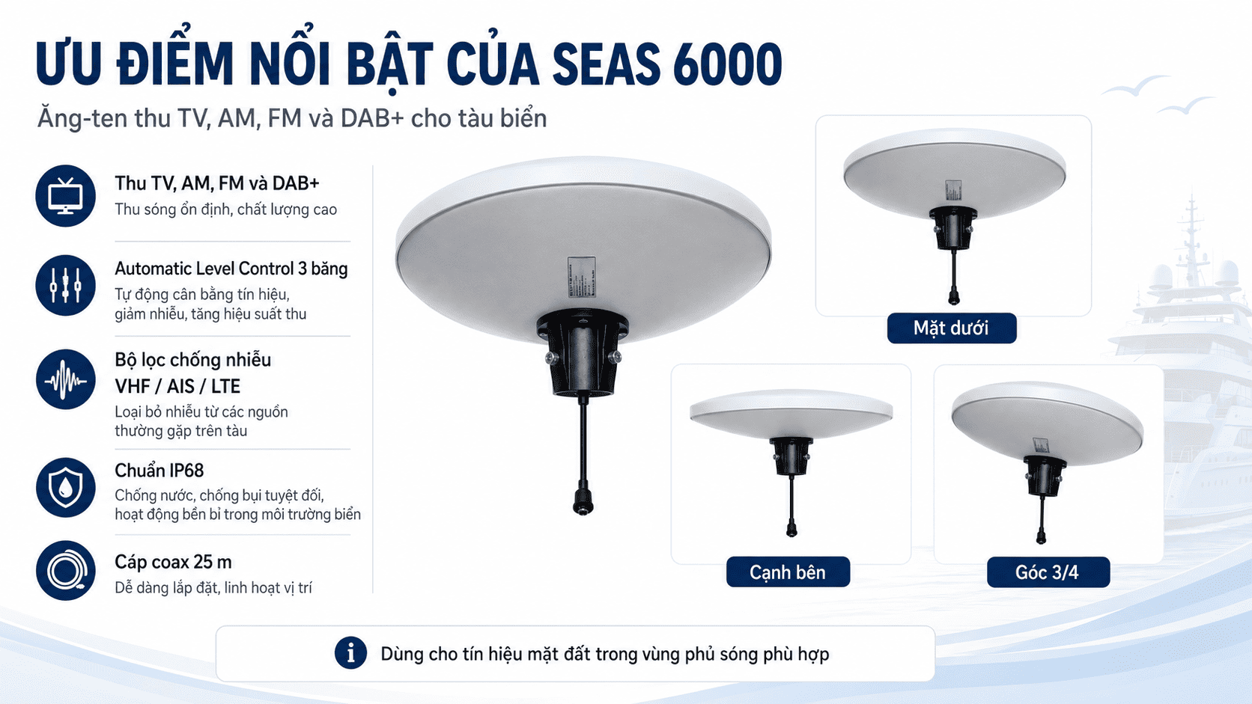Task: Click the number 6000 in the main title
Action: pyautogui.click(x=727, y=64)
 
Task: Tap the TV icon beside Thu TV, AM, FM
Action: pyautogui.click(x=65, y=196)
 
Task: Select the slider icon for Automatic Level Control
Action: pyautogui.click(x=65, y=285)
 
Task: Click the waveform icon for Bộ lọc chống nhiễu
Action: pyautogui.click(x=65, y=379)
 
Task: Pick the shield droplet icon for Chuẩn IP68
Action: pyautogui.click(x=65, y=487)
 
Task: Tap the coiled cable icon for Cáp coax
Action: pyautogui.click(x=65, y=571)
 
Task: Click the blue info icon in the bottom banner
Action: pyautogui.click(x=350, y=652)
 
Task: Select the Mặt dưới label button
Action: pyautogui.click(x=951, y=328)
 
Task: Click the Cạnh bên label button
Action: pyautogui.click(x=788, y=572)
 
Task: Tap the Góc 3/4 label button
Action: pyautogui.click(x=1048, y=572)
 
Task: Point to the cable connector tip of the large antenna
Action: pyautogui.click(x=583, y=502)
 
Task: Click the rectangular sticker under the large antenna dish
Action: pyautogui.click(x=581, y=276)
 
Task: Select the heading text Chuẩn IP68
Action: pyautogui.click(x=159, y=471)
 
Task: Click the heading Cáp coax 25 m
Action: pyautogui.click(x=173, y=562)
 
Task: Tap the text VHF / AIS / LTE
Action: pyautogui.click(x=177, y=386)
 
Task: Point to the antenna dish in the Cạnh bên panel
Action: pyautogui.click(x=791, y=413)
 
